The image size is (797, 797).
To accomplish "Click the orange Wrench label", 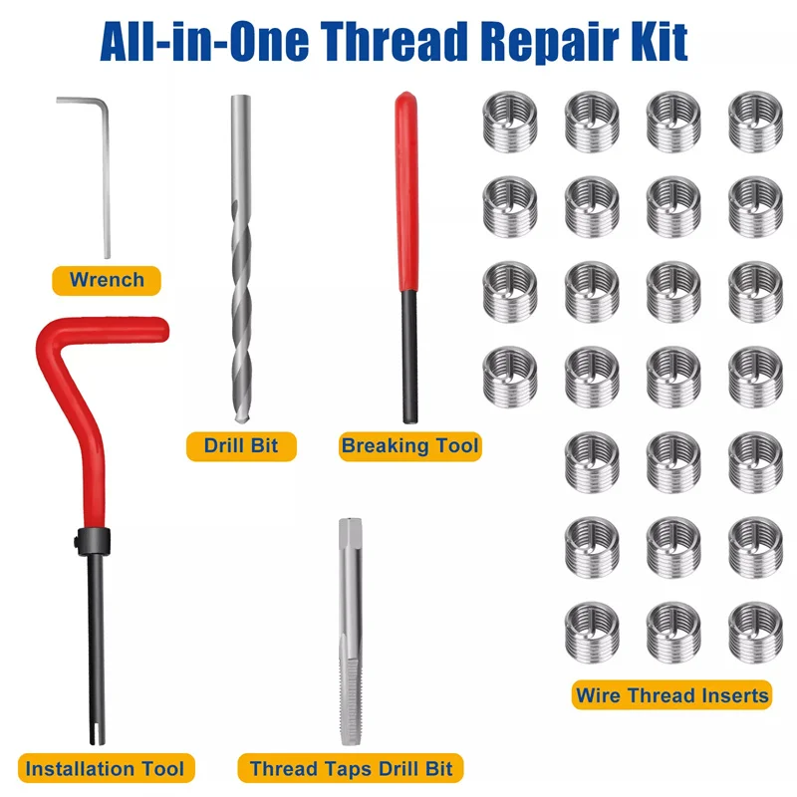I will tap(107, 280).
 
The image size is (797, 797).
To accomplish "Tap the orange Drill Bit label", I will tap(241, 445).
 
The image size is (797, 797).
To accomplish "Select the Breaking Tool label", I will tap(409, 445).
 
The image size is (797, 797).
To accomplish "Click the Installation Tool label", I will tap(105, 768).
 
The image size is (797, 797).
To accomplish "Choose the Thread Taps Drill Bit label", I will tap(351, 768).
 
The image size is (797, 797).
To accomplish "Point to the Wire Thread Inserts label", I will tap(672, 694).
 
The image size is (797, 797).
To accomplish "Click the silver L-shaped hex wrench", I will tap(105, 179).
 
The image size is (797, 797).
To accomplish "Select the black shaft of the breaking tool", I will tap(408, 359).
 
